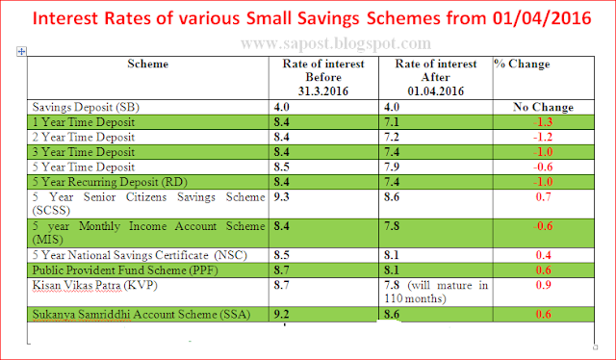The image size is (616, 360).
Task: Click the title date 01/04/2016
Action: tap(546, 17)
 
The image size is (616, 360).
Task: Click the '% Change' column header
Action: tap(522, 64)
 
